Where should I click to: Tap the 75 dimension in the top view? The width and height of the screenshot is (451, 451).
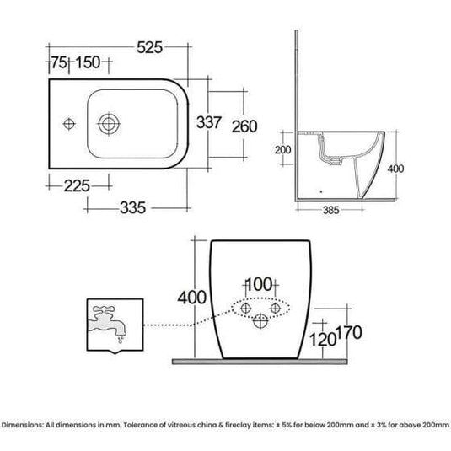[x=59, y=63]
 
